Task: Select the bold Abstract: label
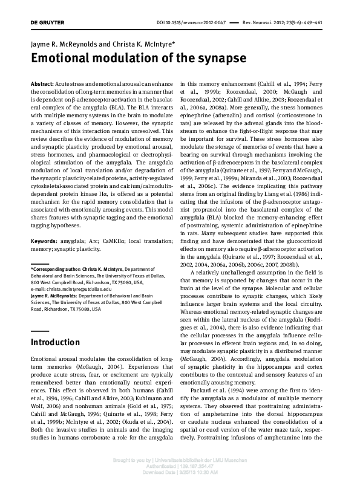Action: (42, 81)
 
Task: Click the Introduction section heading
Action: (55, 342)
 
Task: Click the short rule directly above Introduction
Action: (39, 331)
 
